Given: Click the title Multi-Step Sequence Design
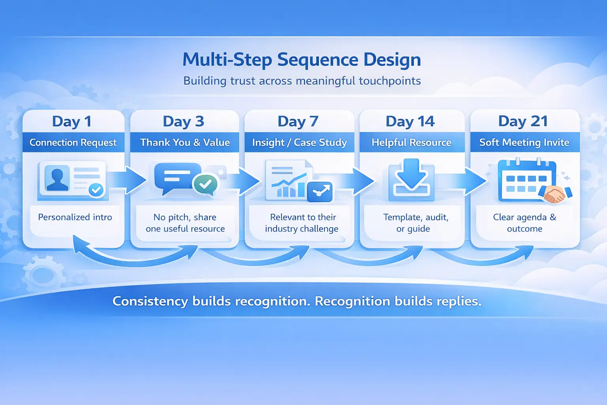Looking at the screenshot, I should pyautogui.click(x=302, y=60).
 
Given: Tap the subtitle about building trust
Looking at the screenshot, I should pyautogui.click(x=302, y=81).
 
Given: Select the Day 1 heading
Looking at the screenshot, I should pyautogui.click(x=72, y=121).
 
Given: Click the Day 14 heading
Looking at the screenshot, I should pyautogui.click(x=410, y=121).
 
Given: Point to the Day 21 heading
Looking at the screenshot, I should pyautogui.click(x=523, y=121).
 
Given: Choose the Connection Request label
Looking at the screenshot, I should pyautogui.click(x=73, y=142).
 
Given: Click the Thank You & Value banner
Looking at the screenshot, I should pyautogui.click(x=185, y=142).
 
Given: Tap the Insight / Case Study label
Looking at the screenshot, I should pyautogui.click(x=300, y=142).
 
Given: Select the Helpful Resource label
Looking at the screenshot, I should pyautogui.click(x=411, y=142).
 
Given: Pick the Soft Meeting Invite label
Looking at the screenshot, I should pyautogui.click(x=524, y=142).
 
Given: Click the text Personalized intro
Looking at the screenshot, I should pyautogui.click(x=75, y=217).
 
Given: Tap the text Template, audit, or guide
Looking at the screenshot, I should pyautogui.click(x=415, y=223).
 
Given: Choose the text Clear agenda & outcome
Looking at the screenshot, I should pyautogui.click(x=524, y=223).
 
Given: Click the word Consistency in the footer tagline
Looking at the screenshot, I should pyautogui.click(x=150, y=301).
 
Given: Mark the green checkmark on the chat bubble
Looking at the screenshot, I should pyautogui.click(x=205, y=184).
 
